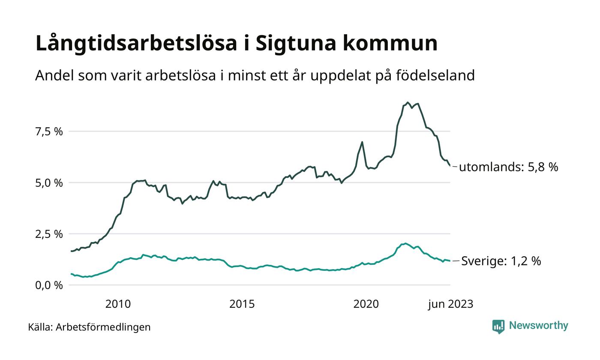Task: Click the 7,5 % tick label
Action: (48, 132)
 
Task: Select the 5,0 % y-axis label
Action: (48, 183)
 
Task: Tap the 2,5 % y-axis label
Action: (48, 234)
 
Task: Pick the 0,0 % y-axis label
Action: (48, 285)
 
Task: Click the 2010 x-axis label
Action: (118, 304)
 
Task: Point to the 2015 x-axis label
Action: (242, 304)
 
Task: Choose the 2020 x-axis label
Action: (366, 304)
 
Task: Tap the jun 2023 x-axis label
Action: (450, 304)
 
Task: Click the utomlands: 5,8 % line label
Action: (508, 167)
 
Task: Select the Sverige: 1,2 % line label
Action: (501, 261)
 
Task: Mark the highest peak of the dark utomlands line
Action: (408, 102)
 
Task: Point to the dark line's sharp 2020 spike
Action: (362, 142)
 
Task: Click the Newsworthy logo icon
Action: (498, 327)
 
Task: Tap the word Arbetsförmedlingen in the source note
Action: (103, 327)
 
